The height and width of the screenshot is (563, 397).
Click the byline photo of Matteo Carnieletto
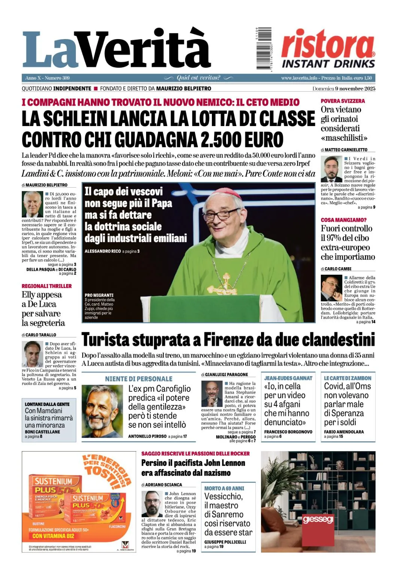[x=331, y=169]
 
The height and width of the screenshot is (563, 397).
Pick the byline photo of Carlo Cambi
[x=331, y=288]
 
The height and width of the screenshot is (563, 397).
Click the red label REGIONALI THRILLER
[x=47, y=286]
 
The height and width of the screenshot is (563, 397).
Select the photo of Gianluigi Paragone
[x=211, y=394]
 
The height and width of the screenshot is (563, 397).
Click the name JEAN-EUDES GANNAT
[x=288, y=378]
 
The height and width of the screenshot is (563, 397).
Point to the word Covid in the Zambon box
[x=334, y=387]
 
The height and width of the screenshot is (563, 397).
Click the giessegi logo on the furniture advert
[x=318, y=519]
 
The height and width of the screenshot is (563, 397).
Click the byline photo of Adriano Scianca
[x=152, y=503]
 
